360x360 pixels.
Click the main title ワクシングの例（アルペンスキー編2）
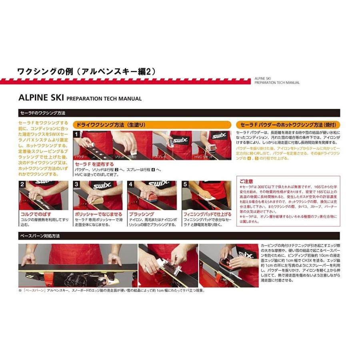[86, 71]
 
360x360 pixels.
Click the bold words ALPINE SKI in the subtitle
[41, 98]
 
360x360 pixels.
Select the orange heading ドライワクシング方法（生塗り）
[152, 125]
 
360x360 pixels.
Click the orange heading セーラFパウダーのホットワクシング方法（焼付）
[288, 125]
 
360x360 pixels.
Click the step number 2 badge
[23, 184]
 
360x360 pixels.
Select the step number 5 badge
[185, 184]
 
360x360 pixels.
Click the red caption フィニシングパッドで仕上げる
[207, 214]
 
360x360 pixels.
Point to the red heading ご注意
[246, 181]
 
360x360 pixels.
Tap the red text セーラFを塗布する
[94, 164]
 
